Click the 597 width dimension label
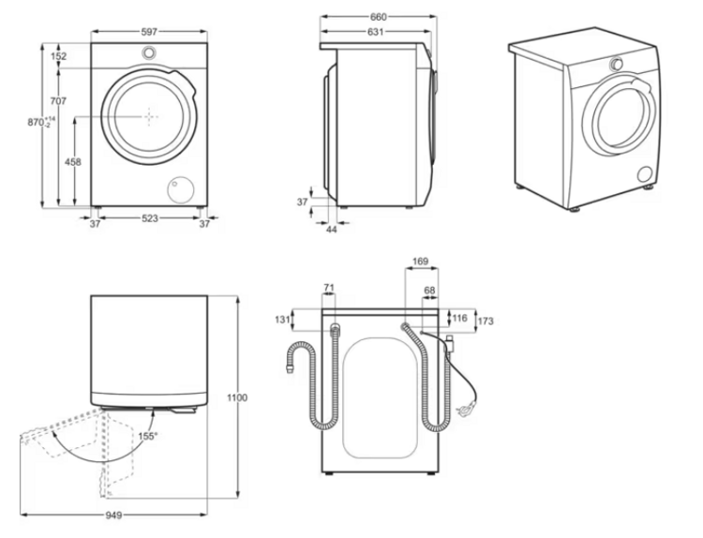(149, 31)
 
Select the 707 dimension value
(58, 101)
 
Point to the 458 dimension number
(72, 162)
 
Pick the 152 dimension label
(58, 56)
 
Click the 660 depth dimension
(378, 18)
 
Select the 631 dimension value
(374, 32)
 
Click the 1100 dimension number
(237, 398)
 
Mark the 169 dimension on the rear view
(421, 262)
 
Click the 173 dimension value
(485, 321)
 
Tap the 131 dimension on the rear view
(282, 320)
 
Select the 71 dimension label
(328, 287)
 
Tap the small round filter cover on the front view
(176, 188)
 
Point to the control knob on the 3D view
(617, 64)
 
